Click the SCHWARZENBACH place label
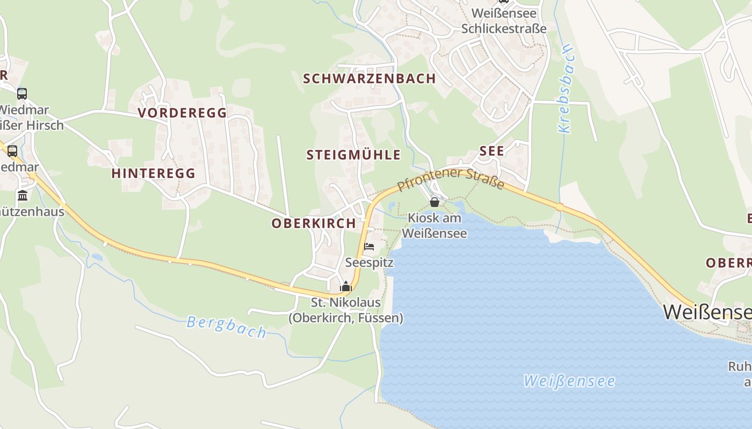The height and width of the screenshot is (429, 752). (x=370, y=78)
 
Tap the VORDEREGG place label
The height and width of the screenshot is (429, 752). (x=183, y=113)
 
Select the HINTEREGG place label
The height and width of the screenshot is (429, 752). (x=154, y=173)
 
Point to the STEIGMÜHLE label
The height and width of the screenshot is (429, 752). (x=353, y=155)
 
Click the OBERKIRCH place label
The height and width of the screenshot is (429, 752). (x=314, y=223)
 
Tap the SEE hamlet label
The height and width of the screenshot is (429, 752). (x=492, y=151)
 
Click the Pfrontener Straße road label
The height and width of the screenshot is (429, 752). (x=451, y=179)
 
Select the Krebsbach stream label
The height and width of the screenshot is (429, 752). (x=566, y=89)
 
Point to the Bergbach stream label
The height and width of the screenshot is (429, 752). (x=226, y=327)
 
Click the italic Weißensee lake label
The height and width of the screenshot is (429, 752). (x=569, y=381)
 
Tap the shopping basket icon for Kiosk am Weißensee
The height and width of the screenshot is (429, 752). (x=435, y=202)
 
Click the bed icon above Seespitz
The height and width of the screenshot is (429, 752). (x=369, y=247)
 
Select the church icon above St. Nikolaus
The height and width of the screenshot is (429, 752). (x=346, y=286)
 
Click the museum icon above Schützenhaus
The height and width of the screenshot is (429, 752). (x=23, y=195)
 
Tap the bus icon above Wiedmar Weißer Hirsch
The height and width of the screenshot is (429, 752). (x=22, y=94)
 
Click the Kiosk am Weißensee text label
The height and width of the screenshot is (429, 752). (x=434, y=226)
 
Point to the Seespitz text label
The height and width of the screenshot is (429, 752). (x=369, y=263)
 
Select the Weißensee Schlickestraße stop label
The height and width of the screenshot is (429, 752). (x=504, y=20)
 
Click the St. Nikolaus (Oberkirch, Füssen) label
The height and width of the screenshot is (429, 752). (x=346, y=310)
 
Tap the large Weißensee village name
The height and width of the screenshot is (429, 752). (x=706, y=312)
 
